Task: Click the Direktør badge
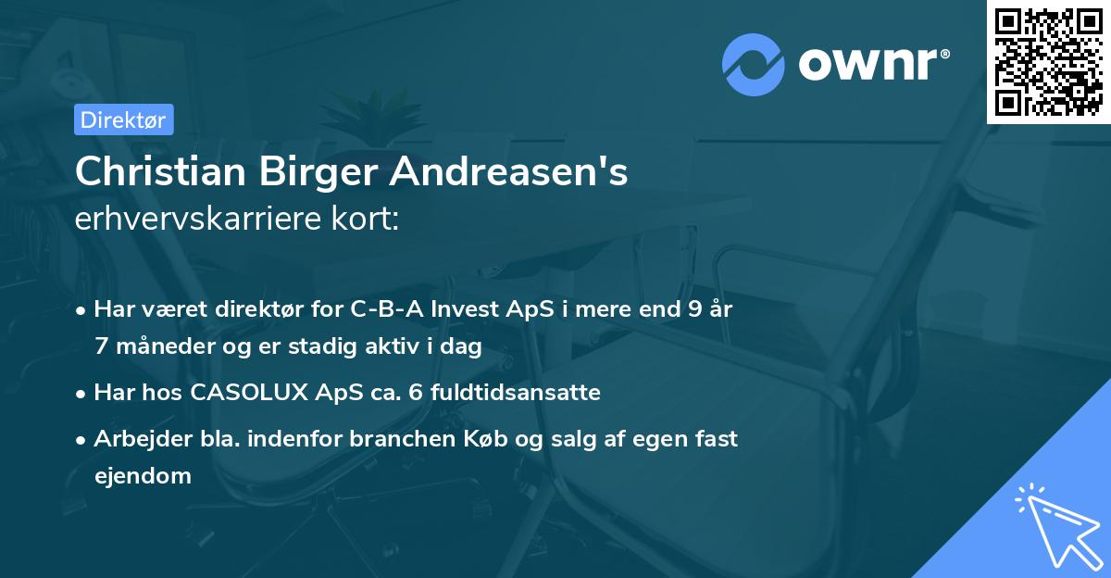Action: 123,119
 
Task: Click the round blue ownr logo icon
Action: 754,65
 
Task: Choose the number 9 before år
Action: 693,309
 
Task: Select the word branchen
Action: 393,439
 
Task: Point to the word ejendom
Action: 143,475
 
